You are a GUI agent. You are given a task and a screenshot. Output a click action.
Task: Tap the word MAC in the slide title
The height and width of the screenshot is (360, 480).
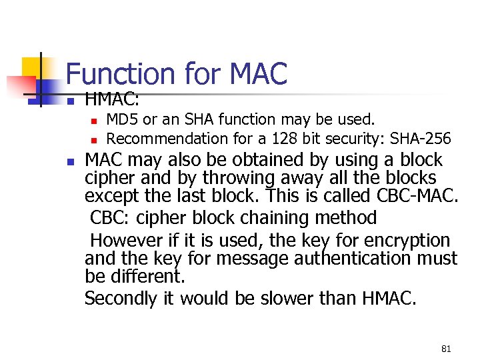[258, 74]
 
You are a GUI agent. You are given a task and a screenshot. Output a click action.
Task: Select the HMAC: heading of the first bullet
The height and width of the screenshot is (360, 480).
[112, 100]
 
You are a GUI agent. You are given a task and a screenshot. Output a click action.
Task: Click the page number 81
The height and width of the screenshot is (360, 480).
[446, 349]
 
